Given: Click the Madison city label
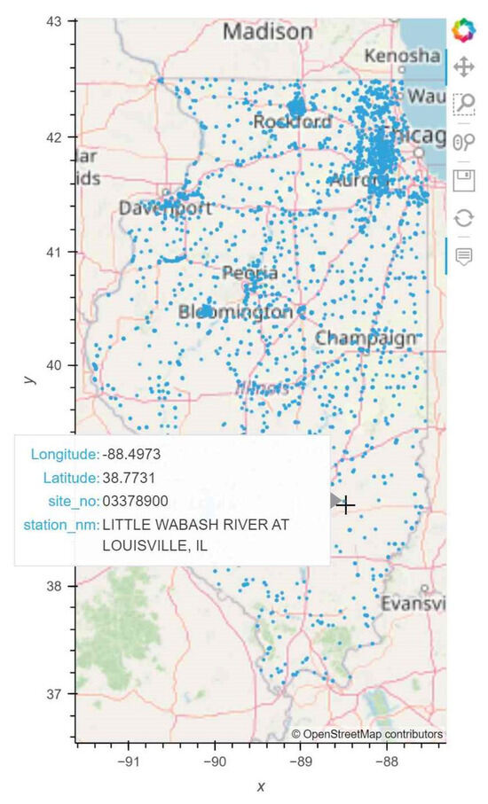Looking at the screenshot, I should pyautogui.click(x=267, y=32).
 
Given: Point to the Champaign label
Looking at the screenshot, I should pyautogui.click(x=366, y=338).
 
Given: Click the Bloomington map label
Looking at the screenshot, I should pyautogui.click(x=235, y=312).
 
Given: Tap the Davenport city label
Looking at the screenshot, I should pyautogui.click(x=166, y=209).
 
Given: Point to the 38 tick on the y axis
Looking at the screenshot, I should pyautogui.click(x=59, y=586).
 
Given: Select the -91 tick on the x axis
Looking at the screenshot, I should pyautogui.click(x=130, y=760).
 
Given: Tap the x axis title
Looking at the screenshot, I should pyautogui.click(x=261, y=786).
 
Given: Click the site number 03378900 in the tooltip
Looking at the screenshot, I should pyautogui.click(x=135, y=501).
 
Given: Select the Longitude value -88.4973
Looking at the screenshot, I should pyautogui.click(x=131, y=455).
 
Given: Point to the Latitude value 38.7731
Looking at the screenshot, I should pyautogui.click(x=131, y=478).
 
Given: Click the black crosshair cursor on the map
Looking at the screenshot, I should pyautogui.click(x=346, y=505).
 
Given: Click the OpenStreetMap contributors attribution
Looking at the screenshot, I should pyautogui.click(x=367, y=734).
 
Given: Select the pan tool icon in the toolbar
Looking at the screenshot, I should pyautogui.click(x=463, y=66).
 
